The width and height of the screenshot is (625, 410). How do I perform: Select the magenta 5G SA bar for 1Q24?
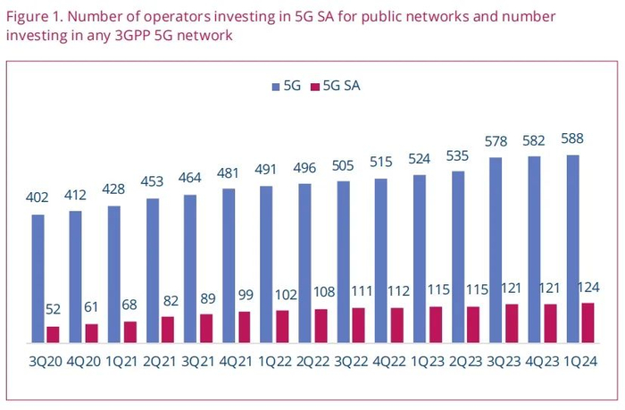click(x=587, y=323)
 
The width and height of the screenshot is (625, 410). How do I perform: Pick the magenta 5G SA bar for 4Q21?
click(x=244, y=327)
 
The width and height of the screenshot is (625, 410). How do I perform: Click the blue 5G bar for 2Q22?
click(x=305, y=264)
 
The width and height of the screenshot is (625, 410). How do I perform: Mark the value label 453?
click(x=153, y=181)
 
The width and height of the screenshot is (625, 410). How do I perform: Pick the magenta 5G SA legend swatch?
click(x=313, y=87)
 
